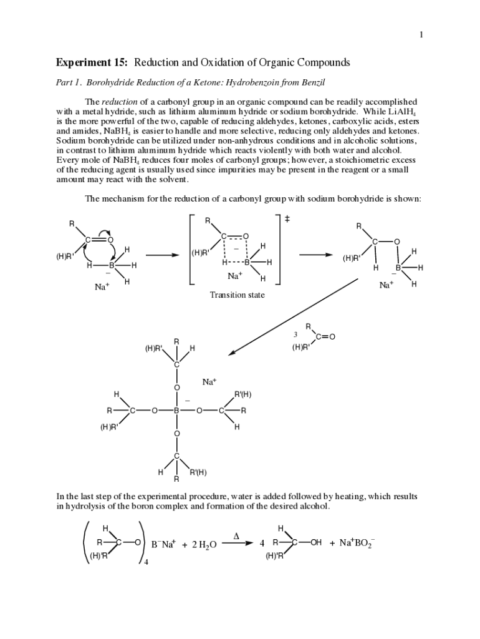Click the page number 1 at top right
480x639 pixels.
pyautogui.click(x=421, y=34)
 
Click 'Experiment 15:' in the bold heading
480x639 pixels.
pyautogui.click(x=94, y=63)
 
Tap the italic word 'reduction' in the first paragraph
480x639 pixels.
pyautogui.click(x=116, y=102)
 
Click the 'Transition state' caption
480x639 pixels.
pyautogui.click(x=237, y=295)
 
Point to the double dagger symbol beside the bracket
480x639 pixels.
pyautogui.click(x=287, y=219)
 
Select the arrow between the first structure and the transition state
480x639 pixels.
pyautogui.click(x=163, y=255)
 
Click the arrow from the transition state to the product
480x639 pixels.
pyautogui.click(x=316, y=255)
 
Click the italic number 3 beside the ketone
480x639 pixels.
pyautogui.click(x=296, y=334)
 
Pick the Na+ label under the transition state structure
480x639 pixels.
pyautogui.click(x=235, y=276)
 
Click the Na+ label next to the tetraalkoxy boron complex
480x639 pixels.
pyautogui.click(x=209, y=381)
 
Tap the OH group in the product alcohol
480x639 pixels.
pyautogui.click(x=315, y=543)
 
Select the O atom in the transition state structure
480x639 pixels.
pyautogui.click(x=246, y=236)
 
